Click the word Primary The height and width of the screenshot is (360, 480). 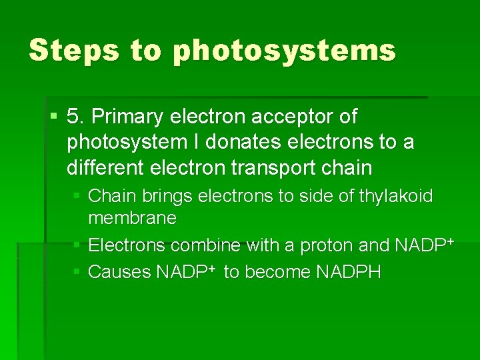[128, 117]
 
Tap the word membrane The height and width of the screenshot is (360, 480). [132, 218]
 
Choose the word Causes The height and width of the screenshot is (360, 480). [120, 272]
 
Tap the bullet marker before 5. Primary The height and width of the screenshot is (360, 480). [54, 117]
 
